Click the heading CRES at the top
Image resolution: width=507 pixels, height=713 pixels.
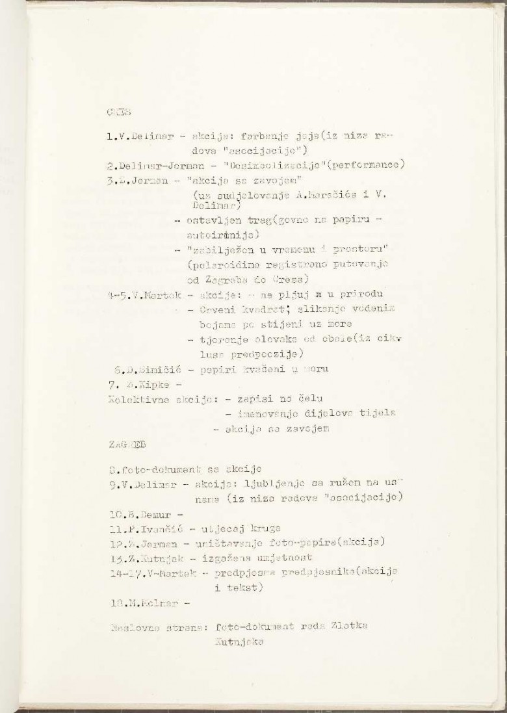[x=114, y=112]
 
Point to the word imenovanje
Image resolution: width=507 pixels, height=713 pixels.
[x=257, y=412]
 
